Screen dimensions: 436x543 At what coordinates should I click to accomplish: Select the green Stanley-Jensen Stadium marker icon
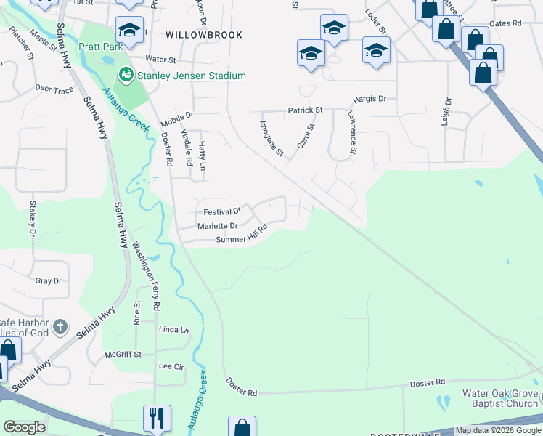pos(126,76)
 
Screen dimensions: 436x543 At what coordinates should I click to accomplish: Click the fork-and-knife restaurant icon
pos(157,418)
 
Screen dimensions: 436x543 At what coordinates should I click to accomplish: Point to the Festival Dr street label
pos(221,212)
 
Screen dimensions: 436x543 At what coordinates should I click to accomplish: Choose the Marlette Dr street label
pos(218,226)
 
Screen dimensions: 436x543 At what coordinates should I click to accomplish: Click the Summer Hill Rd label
pos(242,234)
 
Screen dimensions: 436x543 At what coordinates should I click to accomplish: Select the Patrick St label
pos(304,110)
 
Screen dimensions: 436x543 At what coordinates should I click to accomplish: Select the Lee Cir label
pos(169,367)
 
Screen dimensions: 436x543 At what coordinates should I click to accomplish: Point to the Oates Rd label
pos(506,23)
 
